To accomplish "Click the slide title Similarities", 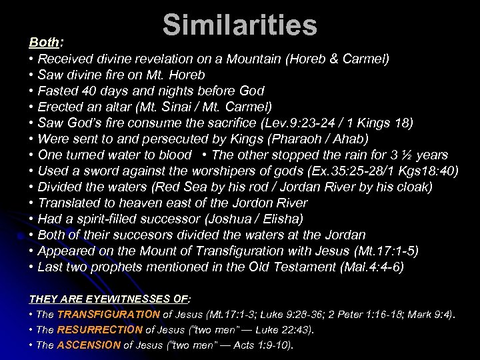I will (x=239, y=26).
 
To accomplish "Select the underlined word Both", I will (x=44, y=42).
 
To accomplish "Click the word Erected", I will (x=60, y=106).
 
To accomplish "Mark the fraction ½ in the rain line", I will (x=407, y=155).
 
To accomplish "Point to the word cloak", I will (x=413, y=187).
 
